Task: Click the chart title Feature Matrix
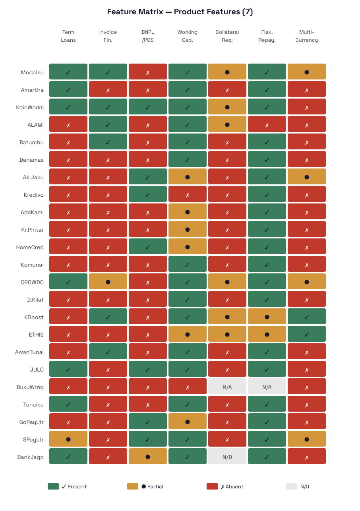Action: click(x=180, y=12)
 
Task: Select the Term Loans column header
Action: click(x=68, y=36)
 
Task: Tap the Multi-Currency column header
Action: click(x=307, y=36)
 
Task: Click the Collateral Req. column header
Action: click(x=227, y=36)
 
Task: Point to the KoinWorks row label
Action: click(x=30, y=107)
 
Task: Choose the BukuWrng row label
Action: click(x=30, y=387)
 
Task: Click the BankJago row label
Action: click(x=30, y=457)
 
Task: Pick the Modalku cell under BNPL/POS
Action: click(x=148, y=72)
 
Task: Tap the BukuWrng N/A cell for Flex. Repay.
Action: click(x=267, y=387)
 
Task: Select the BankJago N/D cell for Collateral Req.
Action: click(x=227, y=457)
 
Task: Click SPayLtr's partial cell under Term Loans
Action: click(x=68, y=439)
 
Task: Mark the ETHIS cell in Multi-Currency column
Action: click(x=307, y=335)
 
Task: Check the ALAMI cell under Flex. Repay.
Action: click(x=267, y=125)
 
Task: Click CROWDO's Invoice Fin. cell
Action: click(x=108, y=282)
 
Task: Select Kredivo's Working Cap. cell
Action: click(x=188, y=195)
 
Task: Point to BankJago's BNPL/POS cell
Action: click(x=148, y=457)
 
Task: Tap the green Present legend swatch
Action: click(x=53, y=486)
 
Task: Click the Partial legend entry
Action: click(x=152, y=486)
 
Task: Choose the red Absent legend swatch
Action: click(x=212, y=486)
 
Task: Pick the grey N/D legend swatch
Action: click(x=292, y=486)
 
